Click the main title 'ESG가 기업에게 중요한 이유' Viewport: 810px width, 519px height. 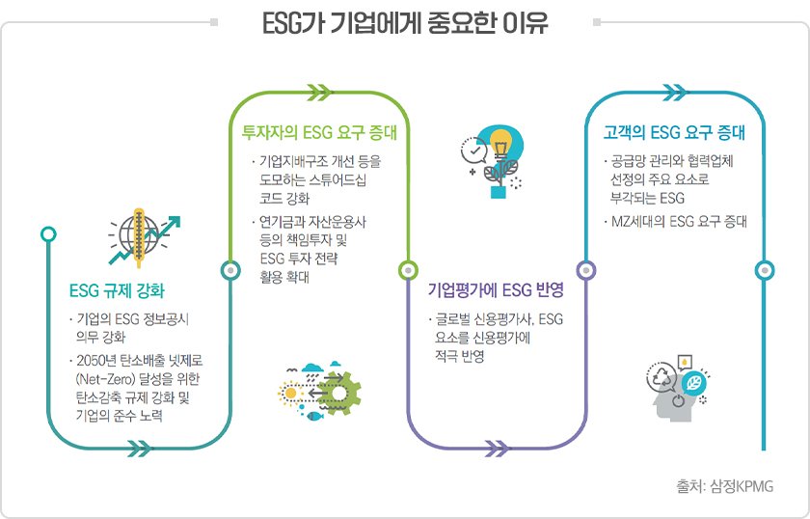(x=405, y=22)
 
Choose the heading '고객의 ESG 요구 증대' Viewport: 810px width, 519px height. (x=674, y=132)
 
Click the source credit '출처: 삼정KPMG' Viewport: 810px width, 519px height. (x=724, y=487)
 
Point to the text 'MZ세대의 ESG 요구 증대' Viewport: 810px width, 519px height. (x=680, y=221)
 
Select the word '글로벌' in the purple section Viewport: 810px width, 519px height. (x=453, y=319)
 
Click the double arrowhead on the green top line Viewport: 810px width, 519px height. (x=319, y=93)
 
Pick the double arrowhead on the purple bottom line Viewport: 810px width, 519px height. (x=496, y=448)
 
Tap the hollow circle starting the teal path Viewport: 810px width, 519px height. (x=49, y=232)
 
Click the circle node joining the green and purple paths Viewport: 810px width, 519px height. (x=407, y=270)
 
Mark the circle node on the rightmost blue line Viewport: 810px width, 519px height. (x=765, y=270)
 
